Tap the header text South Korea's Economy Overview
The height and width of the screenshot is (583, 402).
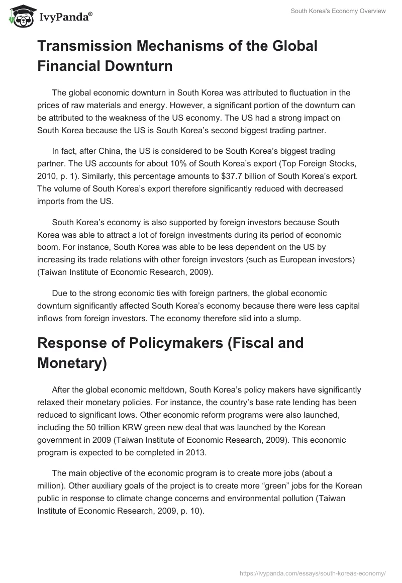(x=338, y=12)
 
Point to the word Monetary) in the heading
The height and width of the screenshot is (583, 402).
(x=72, y=363)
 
